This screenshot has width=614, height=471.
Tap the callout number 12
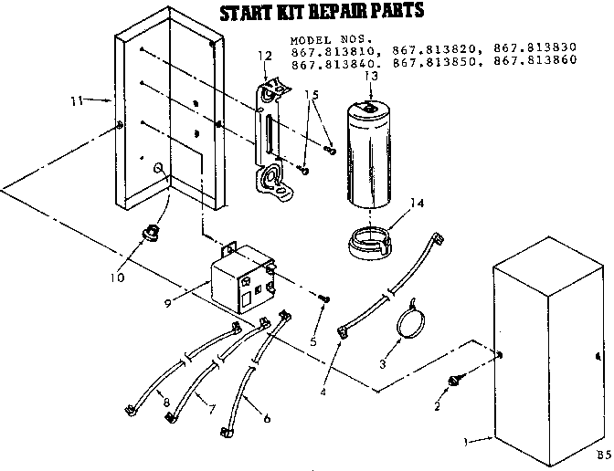point(265,57)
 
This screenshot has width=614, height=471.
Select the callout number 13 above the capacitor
point(370,77)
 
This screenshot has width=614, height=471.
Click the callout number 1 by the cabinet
point(467,444)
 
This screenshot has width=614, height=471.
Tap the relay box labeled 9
point(241,280)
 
